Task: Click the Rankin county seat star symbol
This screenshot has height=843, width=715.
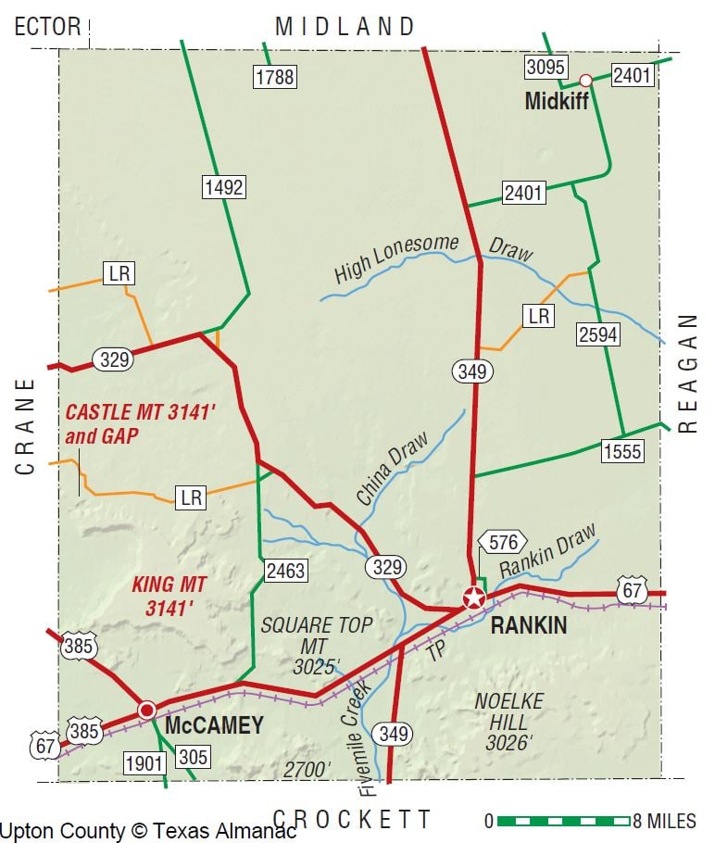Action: click(x=474, y=598)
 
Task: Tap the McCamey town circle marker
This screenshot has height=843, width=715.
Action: click(x=146, y=711)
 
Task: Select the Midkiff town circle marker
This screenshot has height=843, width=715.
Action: click(x=585, y=81)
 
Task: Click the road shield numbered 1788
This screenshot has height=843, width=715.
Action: click(x=274, y=76)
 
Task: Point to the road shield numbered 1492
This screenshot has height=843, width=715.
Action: click(x=223, y=188)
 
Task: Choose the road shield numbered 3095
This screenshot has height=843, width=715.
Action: click(x=546, y=67)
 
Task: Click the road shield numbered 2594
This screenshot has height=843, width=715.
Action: click(x=596, y=335)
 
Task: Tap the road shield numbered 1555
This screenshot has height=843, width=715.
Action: click(x=621, y=451)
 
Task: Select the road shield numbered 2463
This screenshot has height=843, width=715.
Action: click(x=284, y=571)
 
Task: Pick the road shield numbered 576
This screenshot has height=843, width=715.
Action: click(x=502, y=541)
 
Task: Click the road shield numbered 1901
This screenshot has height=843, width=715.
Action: click(x=144, y=763)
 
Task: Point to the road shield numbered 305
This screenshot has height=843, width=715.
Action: click(x=193, y=757)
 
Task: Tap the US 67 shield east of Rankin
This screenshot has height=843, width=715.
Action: click(x=632, y=589)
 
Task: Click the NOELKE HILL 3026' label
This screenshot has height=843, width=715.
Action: click(x=508, y=721)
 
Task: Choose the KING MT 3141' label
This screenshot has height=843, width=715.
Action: click(x=169, y=596)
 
